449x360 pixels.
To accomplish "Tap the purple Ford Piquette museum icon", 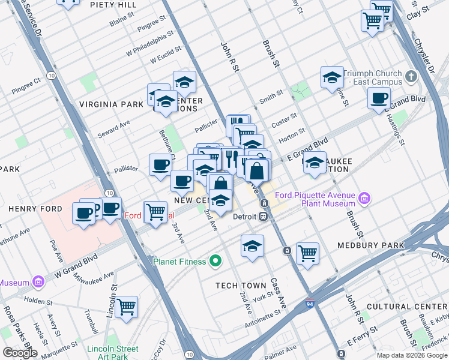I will click(x=364, y=198).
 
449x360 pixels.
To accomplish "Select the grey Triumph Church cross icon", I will click(x=411, y=76).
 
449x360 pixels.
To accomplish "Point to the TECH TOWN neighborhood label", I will click(x=240, y=286).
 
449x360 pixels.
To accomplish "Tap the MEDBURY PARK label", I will click(x=371, y=245).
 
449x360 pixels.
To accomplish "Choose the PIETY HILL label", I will click(x=113, y=5).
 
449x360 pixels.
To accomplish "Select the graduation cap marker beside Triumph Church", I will click(x=332, y=77).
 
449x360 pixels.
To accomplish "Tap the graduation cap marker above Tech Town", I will click(x=252, y=245).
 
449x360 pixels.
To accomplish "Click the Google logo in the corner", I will click(x=20, y=353).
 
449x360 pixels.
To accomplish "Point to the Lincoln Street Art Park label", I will click(x=113, y=353).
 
